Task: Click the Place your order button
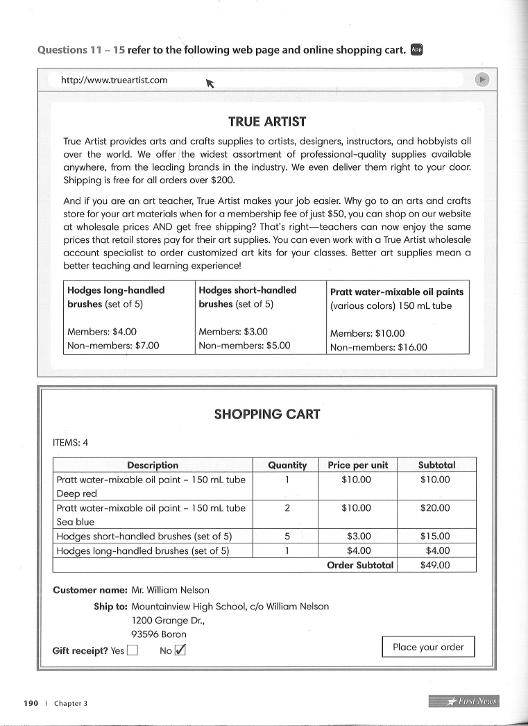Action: click(x=428, y=647)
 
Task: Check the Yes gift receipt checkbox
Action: click(x=133, y=650)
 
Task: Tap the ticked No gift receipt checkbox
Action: click(x=180, y=650)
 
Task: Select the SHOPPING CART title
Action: click(x=267, y=414)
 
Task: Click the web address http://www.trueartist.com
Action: click(x=114, y=80)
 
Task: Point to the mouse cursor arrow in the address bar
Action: click(x=210, y=84)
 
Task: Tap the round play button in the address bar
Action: click(x=483, y=80)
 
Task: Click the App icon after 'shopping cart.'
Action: click(x=416, y=49)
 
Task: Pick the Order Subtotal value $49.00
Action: click(x=435, y=565)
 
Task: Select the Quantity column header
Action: click(x=287, y=465)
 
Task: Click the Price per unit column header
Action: click(x=357, y=465)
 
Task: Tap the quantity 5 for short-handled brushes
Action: click(x=287, y=537)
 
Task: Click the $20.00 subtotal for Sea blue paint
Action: click(x=435, y=508)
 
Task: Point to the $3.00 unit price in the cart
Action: click(x=357, y=537)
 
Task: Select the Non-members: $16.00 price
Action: click(x=378, y=347)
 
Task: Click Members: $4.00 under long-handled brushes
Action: click(x=102, y=332)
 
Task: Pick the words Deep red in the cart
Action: click(x=76, y=493)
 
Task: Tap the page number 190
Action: click(x=31, y=703)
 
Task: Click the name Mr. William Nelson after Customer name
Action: click(x=170, y=590)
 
